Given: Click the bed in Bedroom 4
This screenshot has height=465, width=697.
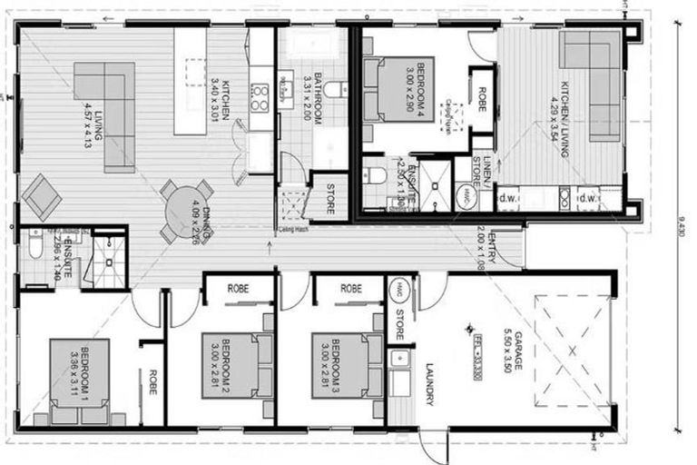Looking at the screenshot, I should pos(399,89).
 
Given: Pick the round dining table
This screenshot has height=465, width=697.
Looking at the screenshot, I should pos(185,212).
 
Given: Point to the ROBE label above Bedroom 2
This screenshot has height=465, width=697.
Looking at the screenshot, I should pos(238,287).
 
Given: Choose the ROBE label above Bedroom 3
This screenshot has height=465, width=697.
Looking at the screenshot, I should pos(350,287).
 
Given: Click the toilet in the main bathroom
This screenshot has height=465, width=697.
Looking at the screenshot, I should pos(334,89).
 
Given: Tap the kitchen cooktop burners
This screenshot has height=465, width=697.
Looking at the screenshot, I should pos(260,96).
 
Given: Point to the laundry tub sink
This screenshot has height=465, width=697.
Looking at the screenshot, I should pos(398,359).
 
